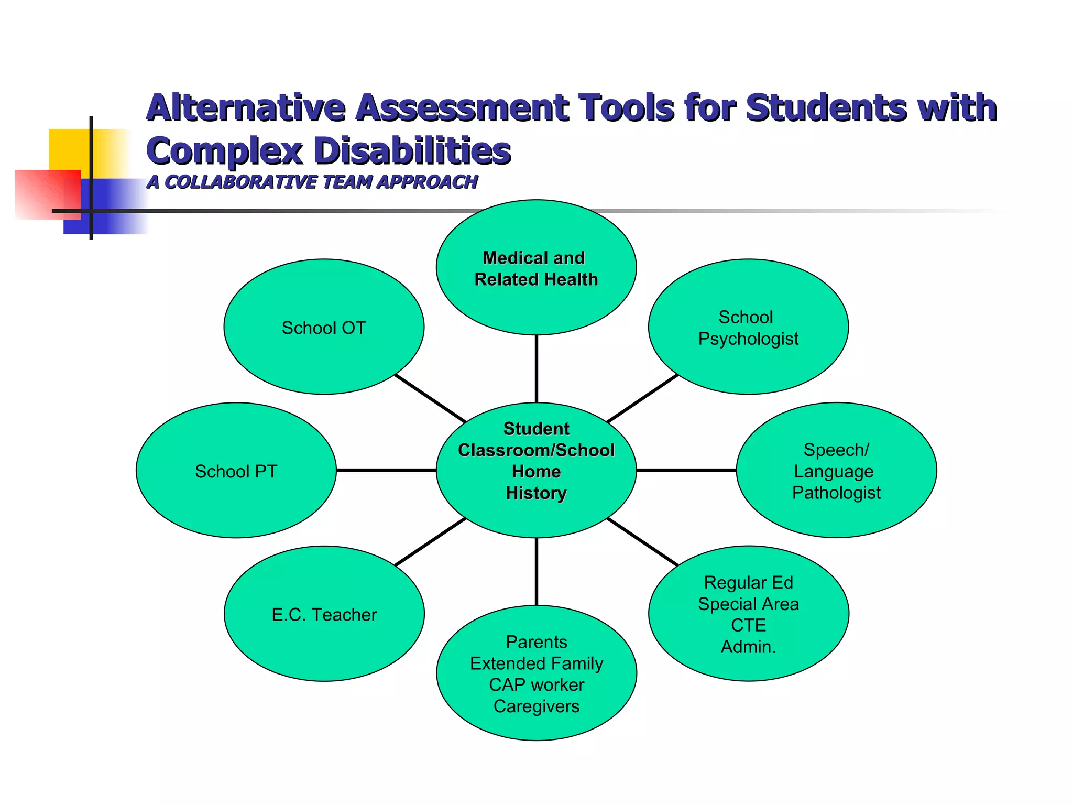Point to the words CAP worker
tap(536, 685)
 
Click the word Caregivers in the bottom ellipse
tap(536, 706)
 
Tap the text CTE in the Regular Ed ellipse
tap(748, 625)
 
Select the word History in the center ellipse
tap(536, 493)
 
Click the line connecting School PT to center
tap(386, 471)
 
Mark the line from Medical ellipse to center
tap(536, 368)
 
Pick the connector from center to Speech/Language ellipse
tap(686, 471)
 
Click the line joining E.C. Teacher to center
tap(430, 542)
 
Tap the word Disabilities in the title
tap(412, 151)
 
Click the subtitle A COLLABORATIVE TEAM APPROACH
tap(312, 182)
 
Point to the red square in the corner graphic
tap(42, 194)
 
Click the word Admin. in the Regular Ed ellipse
tap(748, 647)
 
